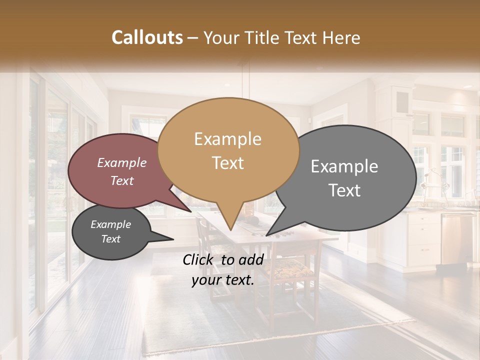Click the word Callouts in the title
[147, 37]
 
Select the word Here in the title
[342, 37]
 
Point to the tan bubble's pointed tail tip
[230, 229]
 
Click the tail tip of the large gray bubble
[266, 235]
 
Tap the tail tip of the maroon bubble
[191, 211]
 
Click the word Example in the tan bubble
[227, 139]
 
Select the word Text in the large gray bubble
[344, 190]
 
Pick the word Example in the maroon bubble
[121, 162]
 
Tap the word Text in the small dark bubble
[110, 239]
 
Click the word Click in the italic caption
[199, 259]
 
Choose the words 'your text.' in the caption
[222, 280]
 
